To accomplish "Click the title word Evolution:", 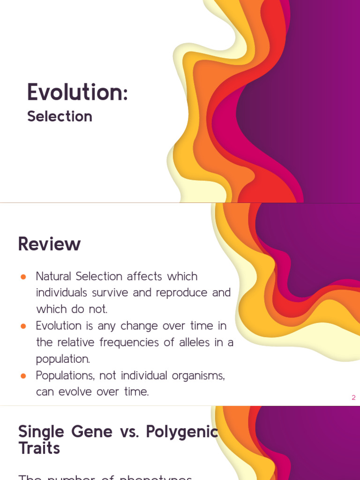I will [77, 92].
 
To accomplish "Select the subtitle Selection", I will [60, 116].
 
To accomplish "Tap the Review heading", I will [49, 244].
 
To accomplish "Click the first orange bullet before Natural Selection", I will [23, 277].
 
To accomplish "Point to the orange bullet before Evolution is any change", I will [23, 326].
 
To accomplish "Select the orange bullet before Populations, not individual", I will [23, 375].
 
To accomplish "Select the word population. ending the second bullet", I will [63, 359].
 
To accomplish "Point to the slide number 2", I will [353, 397].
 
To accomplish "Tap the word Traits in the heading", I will [39, 449].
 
